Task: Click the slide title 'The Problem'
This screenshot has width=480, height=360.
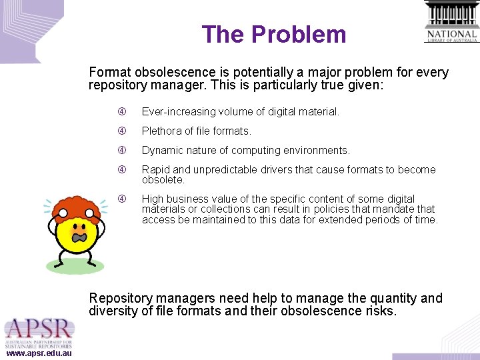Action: point(274,34)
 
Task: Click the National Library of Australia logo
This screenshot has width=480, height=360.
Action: point(451,22)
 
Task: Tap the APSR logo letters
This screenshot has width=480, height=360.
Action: point(38,330)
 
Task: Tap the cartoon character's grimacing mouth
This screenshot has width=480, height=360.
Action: point(79,237)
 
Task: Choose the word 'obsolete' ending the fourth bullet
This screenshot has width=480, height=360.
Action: point(163,180)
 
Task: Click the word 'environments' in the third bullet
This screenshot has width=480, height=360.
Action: point(317,150)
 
